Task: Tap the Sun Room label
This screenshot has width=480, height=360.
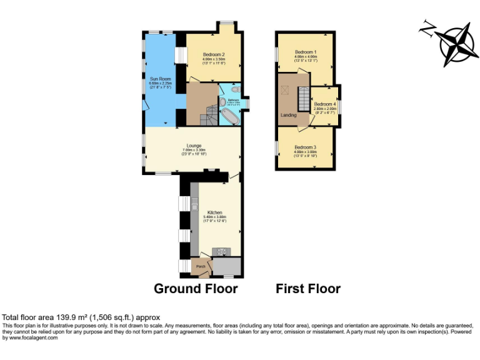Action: pos(156,79)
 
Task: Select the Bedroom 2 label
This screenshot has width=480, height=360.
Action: pos(214,55)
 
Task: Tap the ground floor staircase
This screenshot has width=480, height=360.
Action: pos(207,114)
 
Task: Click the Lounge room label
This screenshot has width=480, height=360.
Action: pos(193,146)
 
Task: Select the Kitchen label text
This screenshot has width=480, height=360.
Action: pos(215,213)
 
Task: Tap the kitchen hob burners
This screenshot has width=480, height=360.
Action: pos(221,251)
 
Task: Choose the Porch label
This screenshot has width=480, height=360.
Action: pos(201,267)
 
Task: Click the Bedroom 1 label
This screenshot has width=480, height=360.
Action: pos(306,51)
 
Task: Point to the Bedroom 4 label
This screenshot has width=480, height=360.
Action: pos(325,104)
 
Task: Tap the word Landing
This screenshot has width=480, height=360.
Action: pos(288,116)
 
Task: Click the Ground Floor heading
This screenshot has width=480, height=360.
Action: pos(196,289)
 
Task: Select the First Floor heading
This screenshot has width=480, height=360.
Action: pos(308,289)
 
